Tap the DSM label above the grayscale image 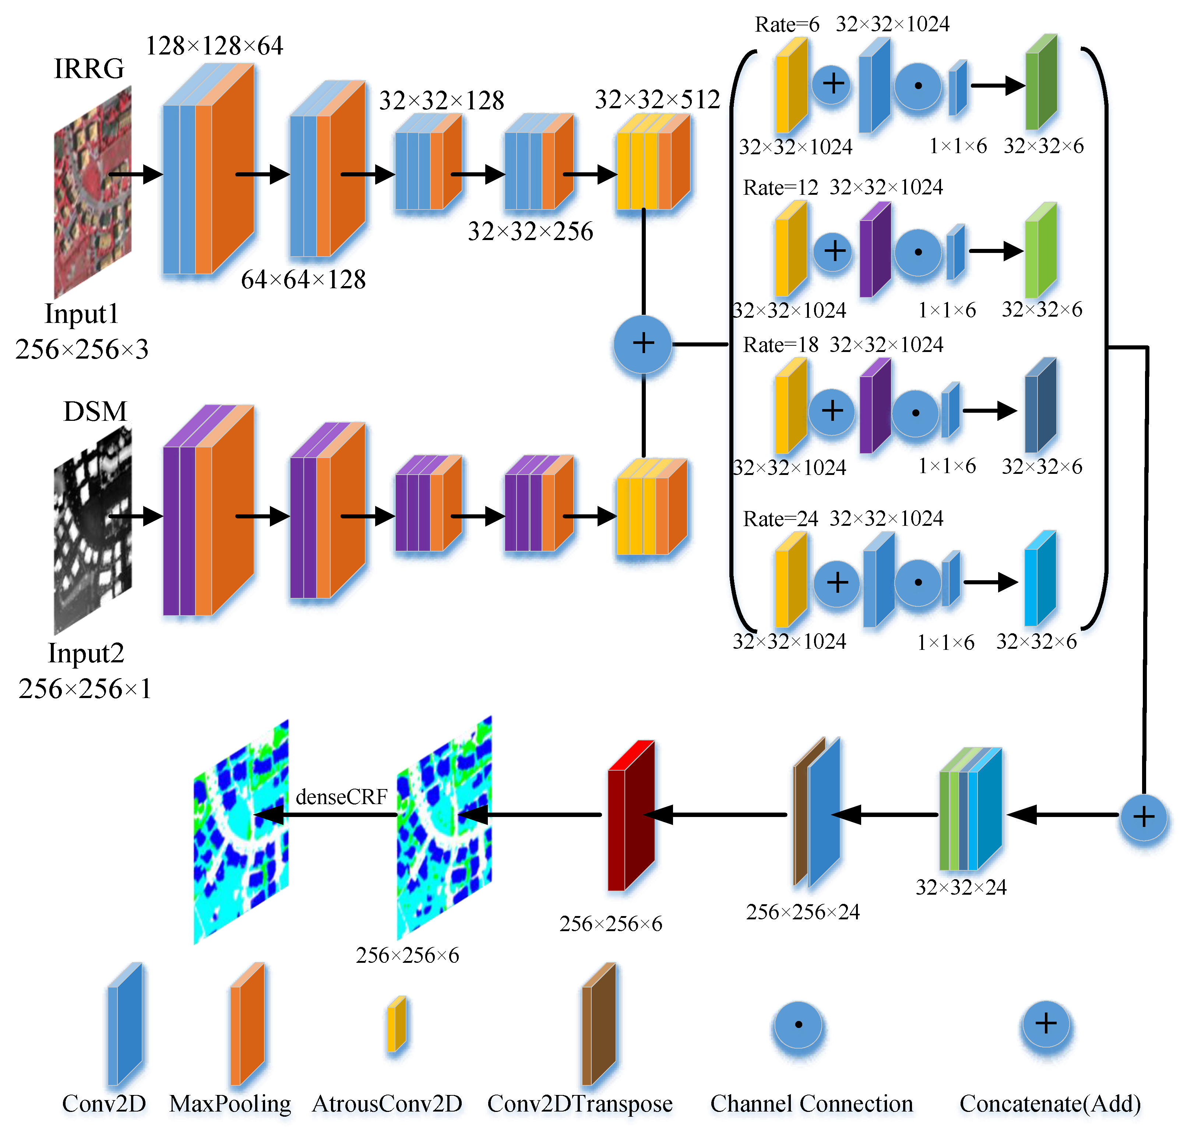pyautogui.click(x=95, y=412)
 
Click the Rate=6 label pyautogui.click(x=787, y=25)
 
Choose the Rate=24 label pyautogui.click(x=780, y=519)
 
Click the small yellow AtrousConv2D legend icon pyautogui.click(x=397, y=1024)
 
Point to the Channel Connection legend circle pyautogui.click(x=798, y=1025)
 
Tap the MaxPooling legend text pyautogui.click(x=230, y=1104)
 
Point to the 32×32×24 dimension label pyautogui.click(x=961, y=887)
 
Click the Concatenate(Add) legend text pyautogui.click(x=1050, y=1104)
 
